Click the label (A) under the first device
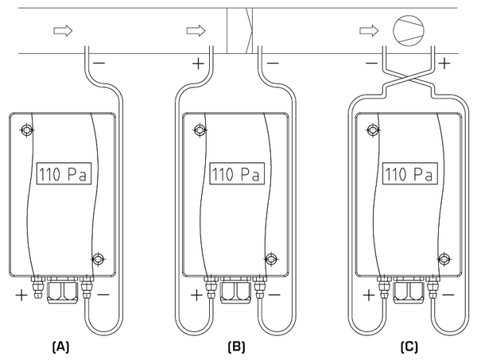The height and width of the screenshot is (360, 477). (61, 346)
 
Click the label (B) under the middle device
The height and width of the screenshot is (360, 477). (237, 346)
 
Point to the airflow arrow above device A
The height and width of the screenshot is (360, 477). (61, 31)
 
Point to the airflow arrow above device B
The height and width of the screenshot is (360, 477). (195, 31)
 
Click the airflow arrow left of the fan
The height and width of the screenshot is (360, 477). (368, 31)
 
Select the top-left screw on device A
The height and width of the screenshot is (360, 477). (27, 130)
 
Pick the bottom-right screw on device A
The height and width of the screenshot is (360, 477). (98, 259)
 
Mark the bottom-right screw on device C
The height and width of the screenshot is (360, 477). (444, 259)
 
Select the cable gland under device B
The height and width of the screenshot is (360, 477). (236, 292)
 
